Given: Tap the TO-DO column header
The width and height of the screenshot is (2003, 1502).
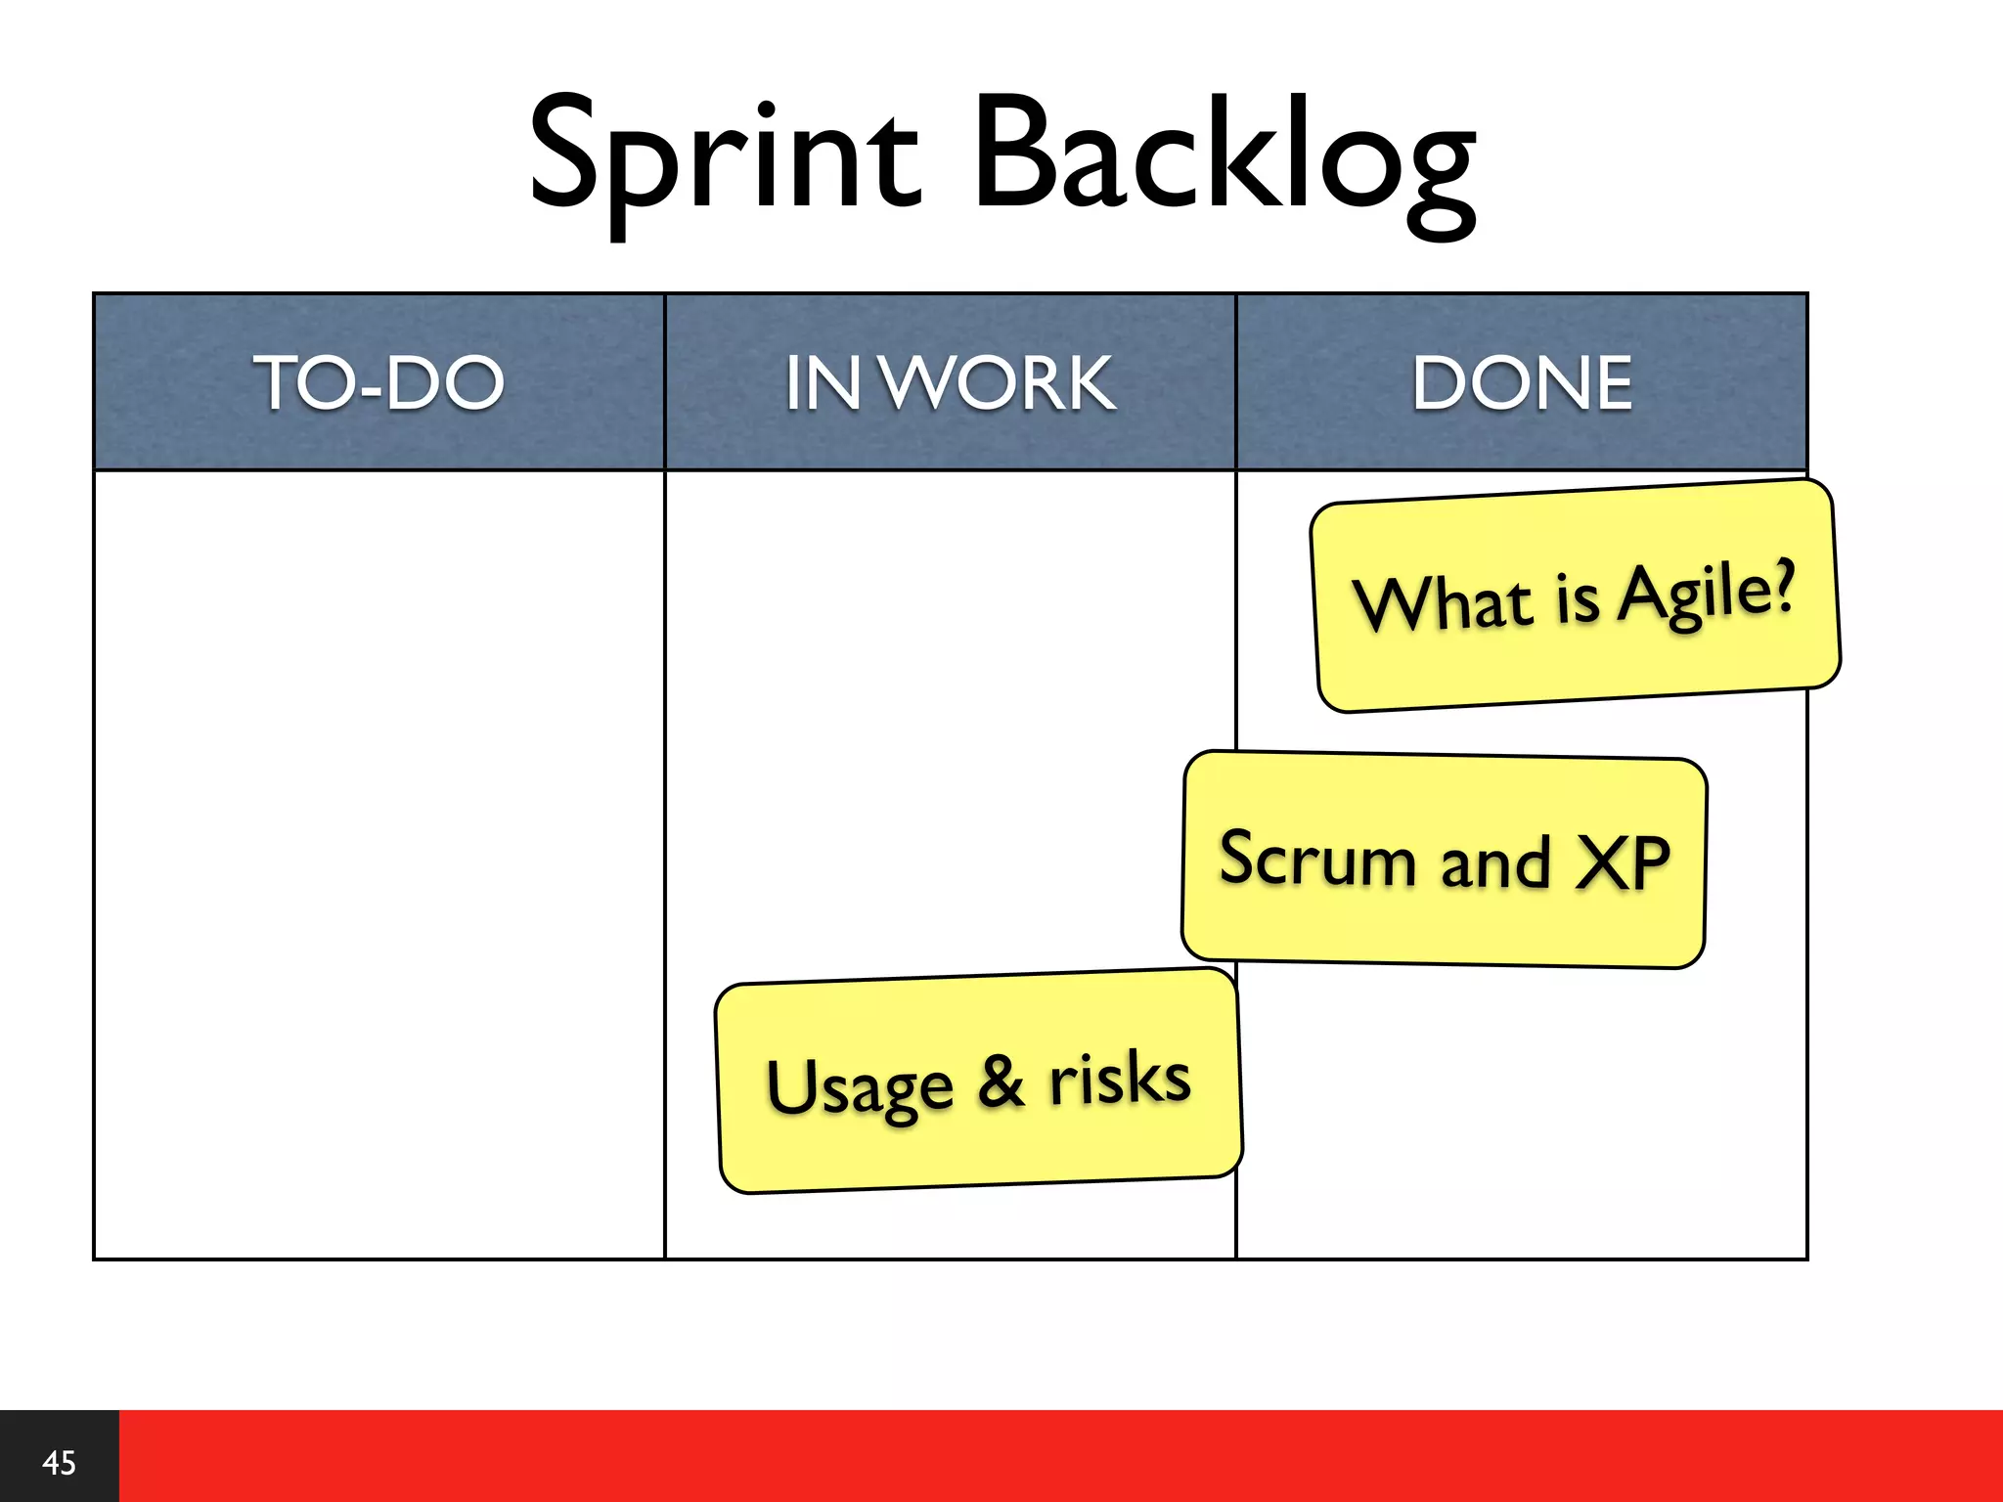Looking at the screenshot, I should (378, 382).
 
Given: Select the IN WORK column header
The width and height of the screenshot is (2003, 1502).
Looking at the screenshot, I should (950, 382).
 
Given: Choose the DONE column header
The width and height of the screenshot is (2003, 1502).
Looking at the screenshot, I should (1522, 382).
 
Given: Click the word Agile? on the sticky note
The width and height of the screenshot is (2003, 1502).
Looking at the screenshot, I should (1707, 592).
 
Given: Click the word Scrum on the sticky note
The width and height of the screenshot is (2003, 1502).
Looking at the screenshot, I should (1316, 858).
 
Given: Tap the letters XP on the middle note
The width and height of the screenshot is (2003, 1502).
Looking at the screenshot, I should (1624, 863).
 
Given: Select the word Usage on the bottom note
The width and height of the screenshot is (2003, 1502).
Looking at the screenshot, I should (859, 1087).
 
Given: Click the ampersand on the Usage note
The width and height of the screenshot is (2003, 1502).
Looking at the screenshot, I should (1001, 1082).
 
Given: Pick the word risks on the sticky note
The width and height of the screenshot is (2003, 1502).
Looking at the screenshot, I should (1120, 1078).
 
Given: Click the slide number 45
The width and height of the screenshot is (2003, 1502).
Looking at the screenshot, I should (59, 1463).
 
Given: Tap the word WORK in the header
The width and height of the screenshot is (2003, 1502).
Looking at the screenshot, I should (1000, 382).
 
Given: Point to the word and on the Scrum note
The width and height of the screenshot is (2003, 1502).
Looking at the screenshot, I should (1495, 862).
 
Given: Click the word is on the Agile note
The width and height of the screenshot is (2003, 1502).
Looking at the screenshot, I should (1577, 598).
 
